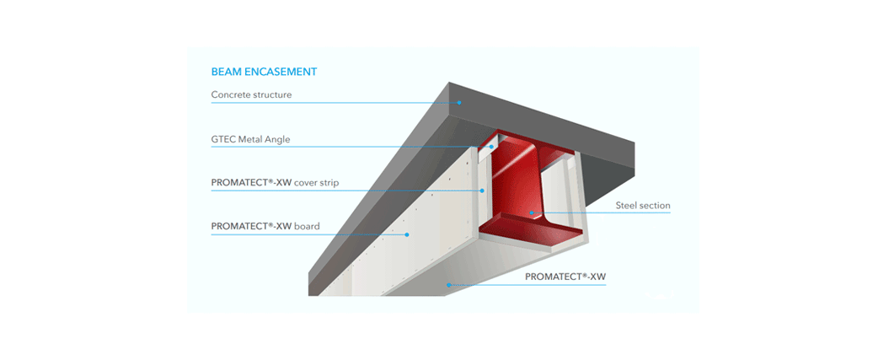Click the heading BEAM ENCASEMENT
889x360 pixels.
[x=264, y=72]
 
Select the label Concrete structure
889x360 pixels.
[x=251, y=94]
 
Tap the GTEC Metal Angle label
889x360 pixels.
[x=250, y=139]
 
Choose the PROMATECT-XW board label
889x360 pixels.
[x=265, y=226]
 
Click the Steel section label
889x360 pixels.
[x=643, y=205]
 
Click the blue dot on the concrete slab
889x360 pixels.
[x=459, y=103]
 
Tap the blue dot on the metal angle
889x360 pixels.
[x=491, y=147]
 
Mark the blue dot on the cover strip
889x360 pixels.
[x=482, y=191]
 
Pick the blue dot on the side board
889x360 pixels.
[x=406, y=234]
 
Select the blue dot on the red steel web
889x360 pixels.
[x=531, y=212]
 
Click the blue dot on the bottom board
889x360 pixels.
[x=448, y=285]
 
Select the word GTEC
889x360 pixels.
[x=222, y=139]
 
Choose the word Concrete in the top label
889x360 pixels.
[x=229, y=94]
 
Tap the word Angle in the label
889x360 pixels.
[x=277, y=139]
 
